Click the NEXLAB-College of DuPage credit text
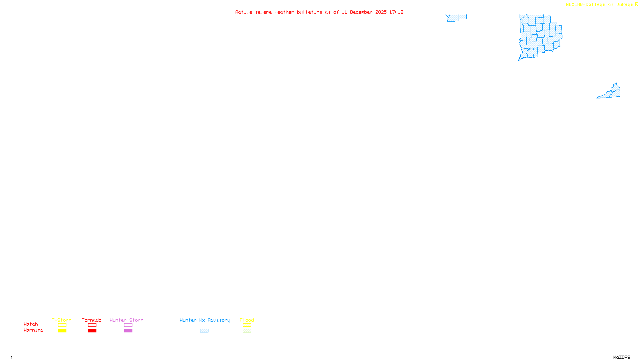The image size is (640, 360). [599, 5]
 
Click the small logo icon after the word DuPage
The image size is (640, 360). [636, 4]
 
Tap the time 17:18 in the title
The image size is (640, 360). [396, 12]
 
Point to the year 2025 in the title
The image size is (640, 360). [381, 12]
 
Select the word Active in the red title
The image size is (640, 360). [244, 12]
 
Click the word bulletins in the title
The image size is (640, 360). [309, 12]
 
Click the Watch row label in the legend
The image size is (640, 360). [31, 324]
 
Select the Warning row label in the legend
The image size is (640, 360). [34, 330]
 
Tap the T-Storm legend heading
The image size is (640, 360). [62, 320]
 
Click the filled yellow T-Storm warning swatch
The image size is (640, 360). [62, 331]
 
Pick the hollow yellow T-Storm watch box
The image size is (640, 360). [62, 325]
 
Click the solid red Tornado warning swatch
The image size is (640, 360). [92, 331]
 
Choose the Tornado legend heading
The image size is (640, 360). [92, 320]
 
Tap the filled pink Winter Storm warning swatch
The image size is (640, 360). [128, 331]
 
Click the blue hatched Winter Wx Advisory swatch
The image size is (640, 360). [204, 331]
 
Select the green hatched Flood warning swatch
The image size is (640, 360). [247, 331]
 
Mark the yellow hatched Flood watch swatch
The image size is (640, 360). [247, 325]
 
